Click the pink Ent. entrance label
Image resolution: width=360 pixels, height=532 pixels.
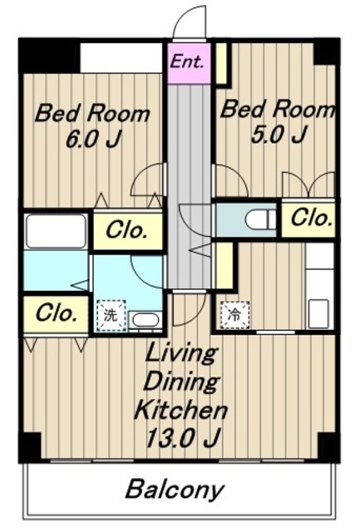187,62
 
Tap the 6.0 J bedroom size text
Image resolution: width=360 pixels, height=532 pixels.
94,139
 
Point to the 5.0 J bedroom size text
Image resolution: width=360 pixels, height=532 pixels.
279,134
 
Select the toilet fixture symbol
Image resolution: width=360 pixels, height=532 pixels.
260,219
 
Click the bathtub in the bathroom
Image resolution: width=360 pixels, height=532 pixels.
57,231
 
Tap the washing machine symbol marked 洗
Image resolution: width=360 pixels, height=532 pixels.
111,315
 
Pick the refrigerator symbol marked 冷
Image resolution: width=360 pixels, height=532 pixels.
234,315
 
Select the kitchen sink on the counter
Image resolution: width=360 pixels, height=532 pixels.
318,313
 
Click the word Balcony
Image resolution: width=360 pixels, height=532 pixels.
175,490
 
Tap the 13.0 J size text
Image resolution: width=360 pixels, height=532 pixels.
184,438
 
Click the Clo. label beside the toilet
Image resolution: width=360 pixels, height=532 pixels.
311,218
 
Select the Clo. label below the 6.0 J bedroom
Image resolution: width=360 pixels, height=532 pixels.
126,230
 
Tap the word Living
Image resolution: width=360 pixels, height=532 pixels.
180,354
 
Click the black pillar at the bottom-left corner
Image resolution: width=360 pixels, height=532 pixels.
30,447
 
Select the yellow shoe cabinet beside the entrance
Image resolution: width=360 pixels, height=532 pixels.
222,63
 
